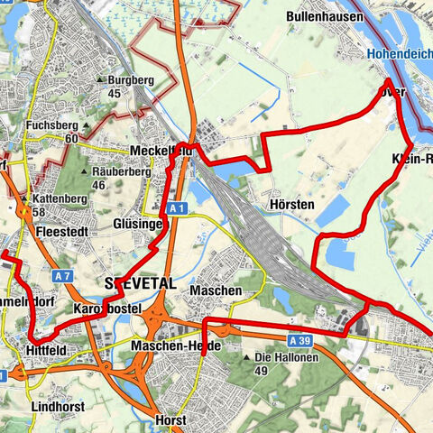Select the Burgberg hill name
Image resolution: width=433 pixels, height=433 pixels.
[131, 79]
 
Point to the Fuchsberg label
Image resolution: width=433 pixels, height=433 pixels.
[53, 124]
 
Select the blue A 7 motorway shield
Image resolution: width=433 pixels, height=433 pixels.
[62, 274]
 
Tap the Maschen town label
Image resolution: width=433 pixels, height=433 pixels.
[216, 290]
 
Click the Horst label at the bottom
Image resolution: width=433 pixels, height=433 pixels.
[170, 420]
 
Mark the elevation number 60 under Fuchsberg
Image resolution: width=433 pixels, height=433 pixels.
[71, 138]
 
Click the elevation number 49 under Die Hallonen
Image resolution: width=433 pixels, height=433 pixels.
[263, 371]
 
